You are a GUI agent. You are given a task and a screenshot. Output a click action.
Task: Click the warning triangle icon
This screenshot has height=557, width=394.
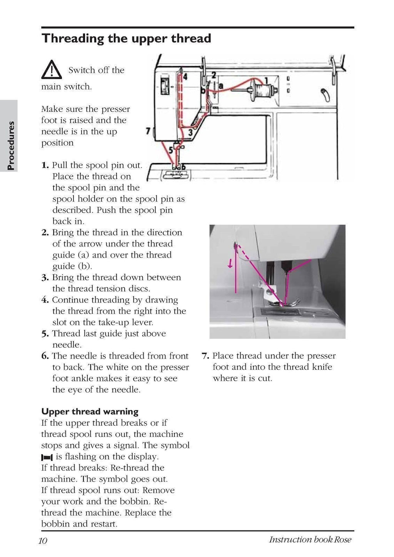[x=51, y=70]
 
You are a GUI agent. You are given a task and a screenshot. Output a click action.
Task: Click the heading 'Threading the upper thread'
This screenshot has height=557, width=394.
[x=126, y=38]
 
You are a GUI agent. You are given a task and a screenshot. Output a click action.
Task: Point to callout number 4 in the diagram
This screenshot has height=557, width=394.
[x=185, y=77]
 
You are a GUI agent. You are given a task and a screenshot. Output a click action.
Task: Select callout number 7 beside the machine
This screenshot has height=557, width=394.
[x=148, y=131]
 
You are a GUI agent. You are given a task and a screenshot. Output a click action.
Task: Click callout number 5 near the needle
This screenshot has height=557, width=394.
[x=170, y=151]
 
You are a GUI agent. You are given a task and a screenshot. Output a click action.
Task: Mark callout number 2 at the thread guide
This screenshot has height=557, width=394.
[x=214, y=74]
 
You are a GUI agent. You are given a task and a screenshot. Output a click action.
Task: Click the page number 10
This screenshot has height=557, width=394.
[x=43, y=540]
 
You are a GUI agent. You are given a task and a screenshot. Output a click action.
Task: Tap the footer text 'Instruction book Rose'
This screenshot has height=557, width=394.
[x=310, y=540]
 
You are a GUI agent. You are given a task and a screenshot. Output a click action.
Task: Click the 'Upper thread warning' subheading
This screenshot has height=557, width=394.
[x=90, y=411]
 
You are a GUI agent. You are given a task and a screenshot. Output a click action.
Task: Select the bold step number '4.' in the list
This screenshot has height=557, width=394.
[x=45, y=300]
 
